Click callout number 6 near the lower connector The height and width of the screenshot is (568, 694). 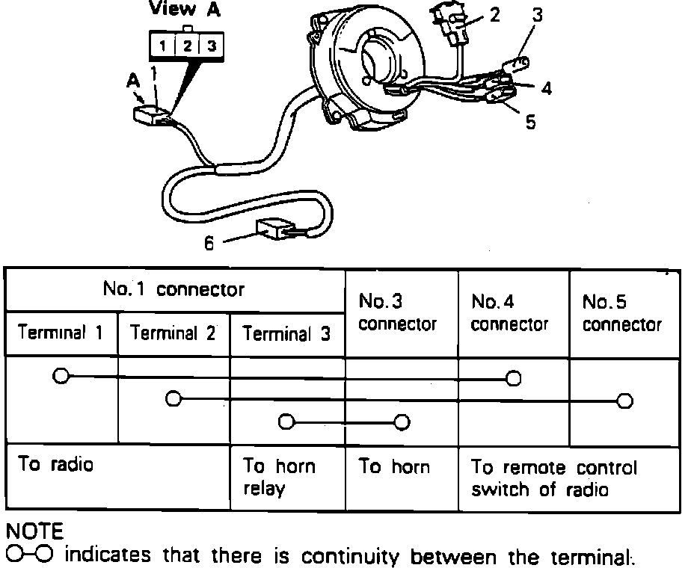(x=209, y=244)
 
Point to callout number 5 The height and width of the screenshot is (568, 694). (x=530, y=121)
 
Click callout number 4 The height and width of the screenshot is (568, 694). (x=547, y=88)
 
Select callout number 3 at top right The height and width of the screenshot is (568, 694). (x=538, y=15)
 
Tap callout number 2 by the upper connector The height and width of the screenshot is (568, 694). (x=494, y=15)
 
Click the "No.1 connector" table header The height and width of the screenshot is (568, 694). (x=173, y=289)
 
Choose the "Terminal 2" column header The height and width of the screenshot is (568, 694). (x=173, y=333)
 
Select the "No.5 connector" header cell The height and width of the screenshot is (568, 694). (x=622, y=313)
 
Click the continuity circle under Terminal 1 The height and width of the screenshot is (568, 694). (x=61, y=375)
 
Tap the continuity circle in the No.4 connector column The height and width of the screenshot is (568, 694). (x=513, y=379)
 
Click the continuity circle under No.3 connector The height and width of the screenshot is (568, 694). (x=402, y=423)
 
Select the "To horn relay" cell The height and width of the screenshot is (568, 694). (x=279, y=478)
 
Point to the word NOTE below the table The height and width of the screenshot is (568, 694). (x=35, y=531)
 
